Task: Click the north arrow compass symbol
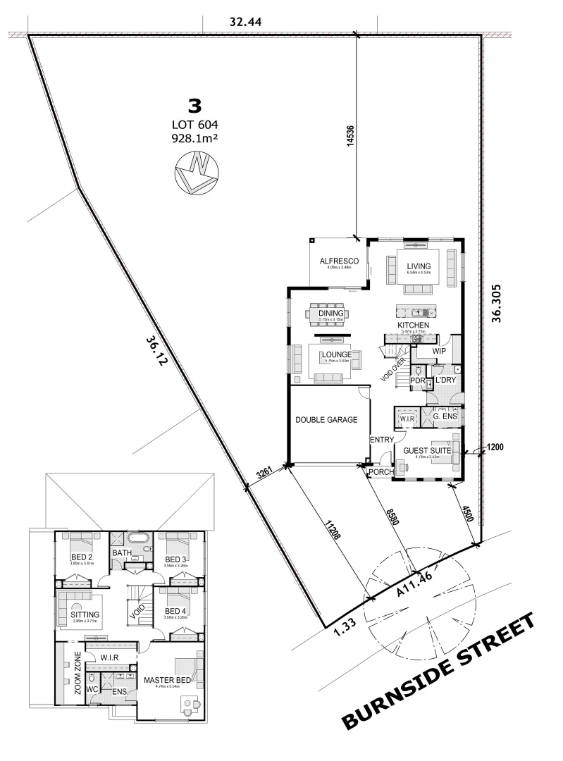(x=194, y=173)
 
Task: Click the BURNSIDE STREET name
(x=438, y=672)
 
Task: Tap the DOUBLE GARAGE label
(x=326, y=420)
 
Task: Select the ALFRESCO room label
(x=340, y=261)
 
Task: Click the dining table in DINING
(x=331, y=314)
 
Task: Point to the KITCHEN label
(x=414, y=325)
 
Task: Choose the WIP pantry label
(x=439, y=350)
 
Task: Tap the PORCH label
(x=381, y=471)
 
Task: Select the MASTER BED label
(x=167, y=680)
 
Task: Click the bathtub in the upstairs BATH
(x=141, y=541)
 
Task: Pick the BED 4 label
(x=175, y=611)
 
